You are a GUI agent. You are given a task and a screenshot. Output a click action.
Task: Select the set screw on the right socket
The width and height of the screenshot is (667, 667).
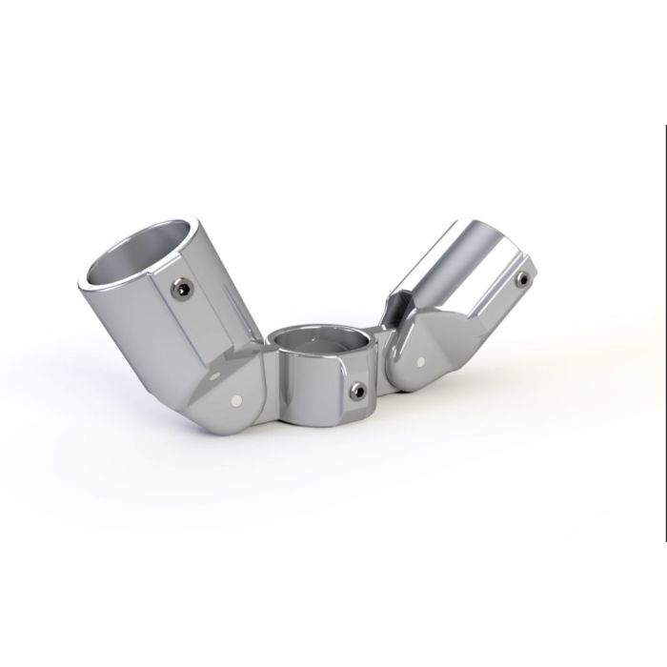pyautogui.click(x=522, y=278)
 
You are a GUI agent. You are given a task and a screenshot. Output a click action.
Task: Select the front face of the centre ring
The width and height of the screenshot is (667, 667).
pyautogui.click(x=314, y=381)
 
